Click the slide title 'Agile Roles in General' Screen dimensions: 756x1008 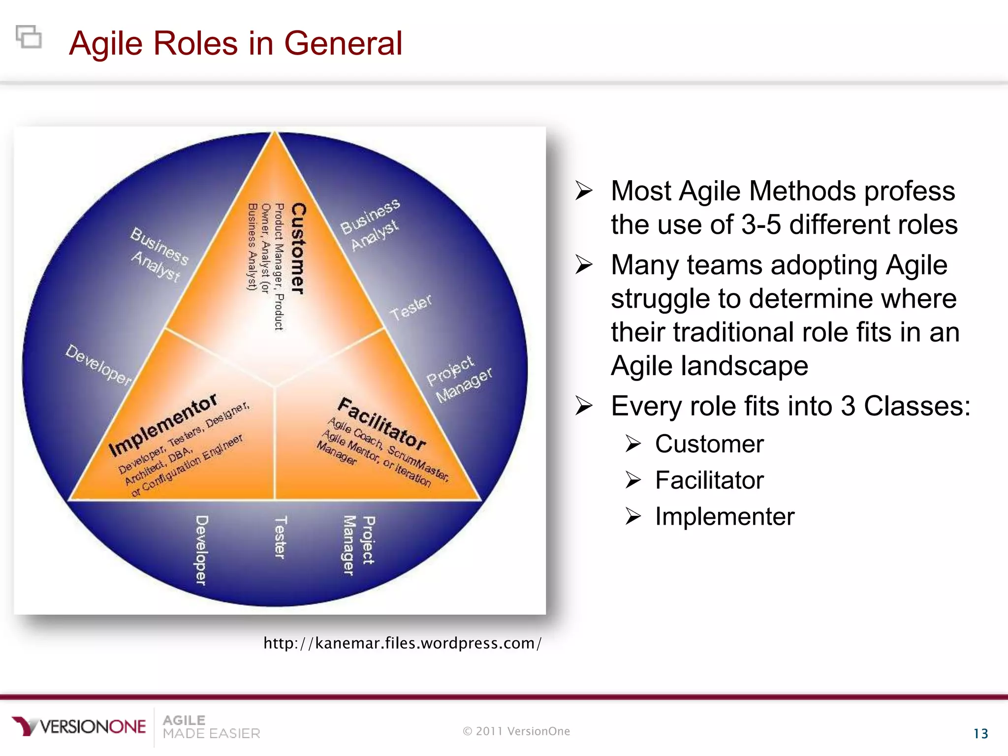(235, 43)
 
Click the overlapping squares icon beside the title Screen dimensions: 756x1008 (29, 36)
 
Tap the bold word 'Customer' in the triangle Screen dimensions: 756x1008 (298, 249)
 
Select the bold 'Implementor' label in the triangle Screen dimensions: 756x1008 (163, 424)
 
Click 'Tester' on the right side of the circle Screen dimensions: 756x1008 (410, 307)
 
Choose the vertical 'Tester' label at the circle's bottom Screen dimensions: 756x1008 (280, 537)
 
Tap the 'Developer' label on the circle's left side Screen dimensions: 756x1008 (98, 365)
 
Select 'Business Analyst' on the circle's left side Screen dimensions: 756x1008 (158, 254)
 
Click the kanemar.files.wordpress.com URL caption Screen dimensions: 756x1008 (402, 643)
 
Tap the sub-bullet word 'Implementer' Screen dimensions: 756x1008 (724, 517)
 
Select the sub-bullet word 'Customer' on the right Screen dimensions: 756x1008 (709, 444)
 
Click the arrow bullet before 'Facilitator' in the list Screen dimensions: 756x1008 (633, 480)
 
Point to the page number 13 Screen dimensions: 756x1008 (980, 734)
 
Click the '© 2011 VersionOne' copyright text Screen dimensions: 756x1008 (516, 731)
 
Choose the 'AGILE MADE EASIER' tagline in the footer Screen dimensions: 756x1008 (211, 727)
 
